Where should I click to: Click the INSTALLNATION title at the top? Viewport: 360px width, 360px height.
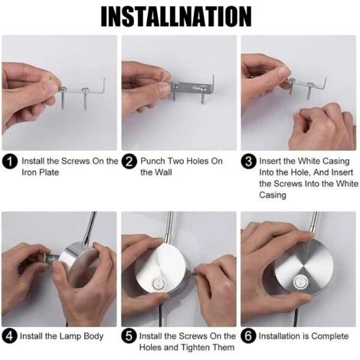tap(176, 17)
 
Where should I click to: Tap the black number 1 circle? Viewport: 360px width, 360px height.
tap(10, 162)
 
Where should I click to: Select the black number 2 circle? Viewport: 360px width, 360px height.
tap(129, 162)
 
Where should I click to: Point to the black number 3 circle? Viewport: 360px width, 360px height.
tap(248, 162)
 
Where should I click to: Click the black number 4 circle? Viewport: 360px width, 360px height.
tap(9, 336)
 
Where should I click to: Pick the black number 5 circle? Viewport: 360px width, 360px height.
tap(129, 336)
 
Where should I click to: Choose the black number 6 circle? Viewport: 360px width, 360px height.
tap(248, 336)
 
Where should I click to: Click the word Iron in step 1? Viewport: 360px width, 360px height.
tap(29, 172)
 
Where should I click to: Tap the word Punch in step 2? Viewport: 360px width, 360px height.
tap(152, 161)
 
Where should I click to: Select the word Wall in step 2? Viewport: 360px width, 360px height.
tap(163, 172)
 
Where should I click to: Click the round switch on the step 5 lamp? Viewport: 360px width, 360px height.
tap(158, 283)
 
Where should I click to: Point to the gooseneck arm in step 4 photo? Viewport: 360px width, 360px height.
tap(89, 229)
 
